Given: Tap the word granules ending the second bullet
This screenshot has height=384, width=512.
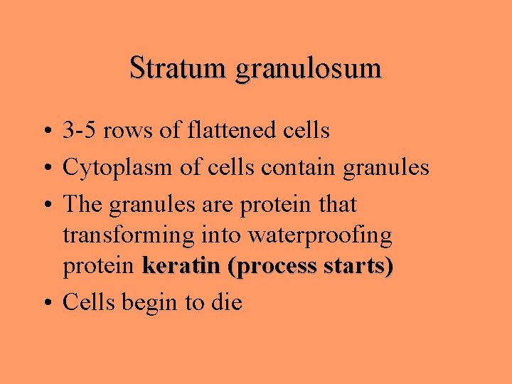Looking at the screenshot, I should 386,169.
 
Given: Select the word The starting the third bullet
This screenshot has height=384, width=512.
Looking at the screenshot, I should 83,205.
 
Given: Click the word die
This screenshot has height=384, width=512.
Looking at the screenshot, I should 227,303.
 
